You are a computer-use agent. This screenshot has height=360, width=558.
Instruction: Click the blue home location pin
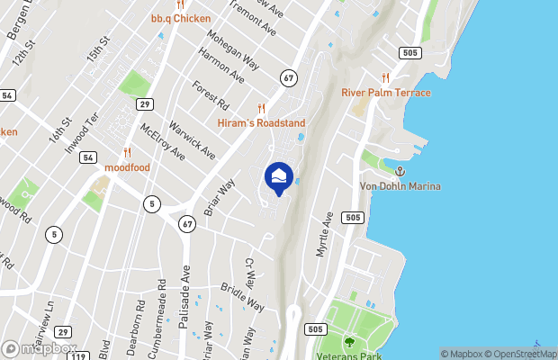coord(280,177)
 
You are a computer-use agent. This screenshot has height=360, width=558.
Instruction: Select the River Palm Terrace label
coord(386,93)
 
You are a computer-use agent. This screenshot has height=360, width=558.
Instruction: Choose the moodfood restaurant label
coord(127,167)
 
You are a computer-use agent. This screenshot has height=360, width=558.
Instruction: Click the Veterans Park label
coord(350,354)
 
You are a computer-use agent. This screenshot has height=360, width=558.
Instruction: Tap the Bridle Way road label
coord(242,298)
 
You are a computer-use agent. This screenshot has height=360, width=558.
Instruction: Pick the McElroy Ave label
coord(162,142)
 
